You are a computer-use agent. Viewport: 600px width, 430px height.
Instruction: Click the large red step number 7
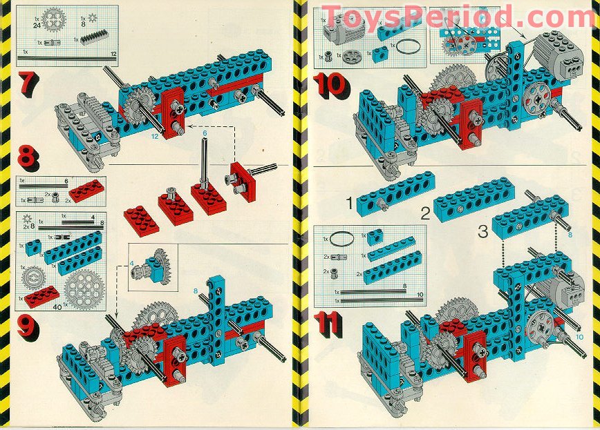point(26,83)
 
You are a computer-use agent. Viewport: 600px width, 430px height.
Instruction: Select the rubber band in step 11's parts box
point(339,240)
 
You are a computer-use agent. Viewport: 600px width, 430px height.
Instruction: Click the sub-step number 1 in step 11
point(350,203)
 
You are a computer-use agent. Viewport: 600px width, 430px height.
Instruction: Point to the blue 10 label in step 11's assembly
point(579,336)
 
